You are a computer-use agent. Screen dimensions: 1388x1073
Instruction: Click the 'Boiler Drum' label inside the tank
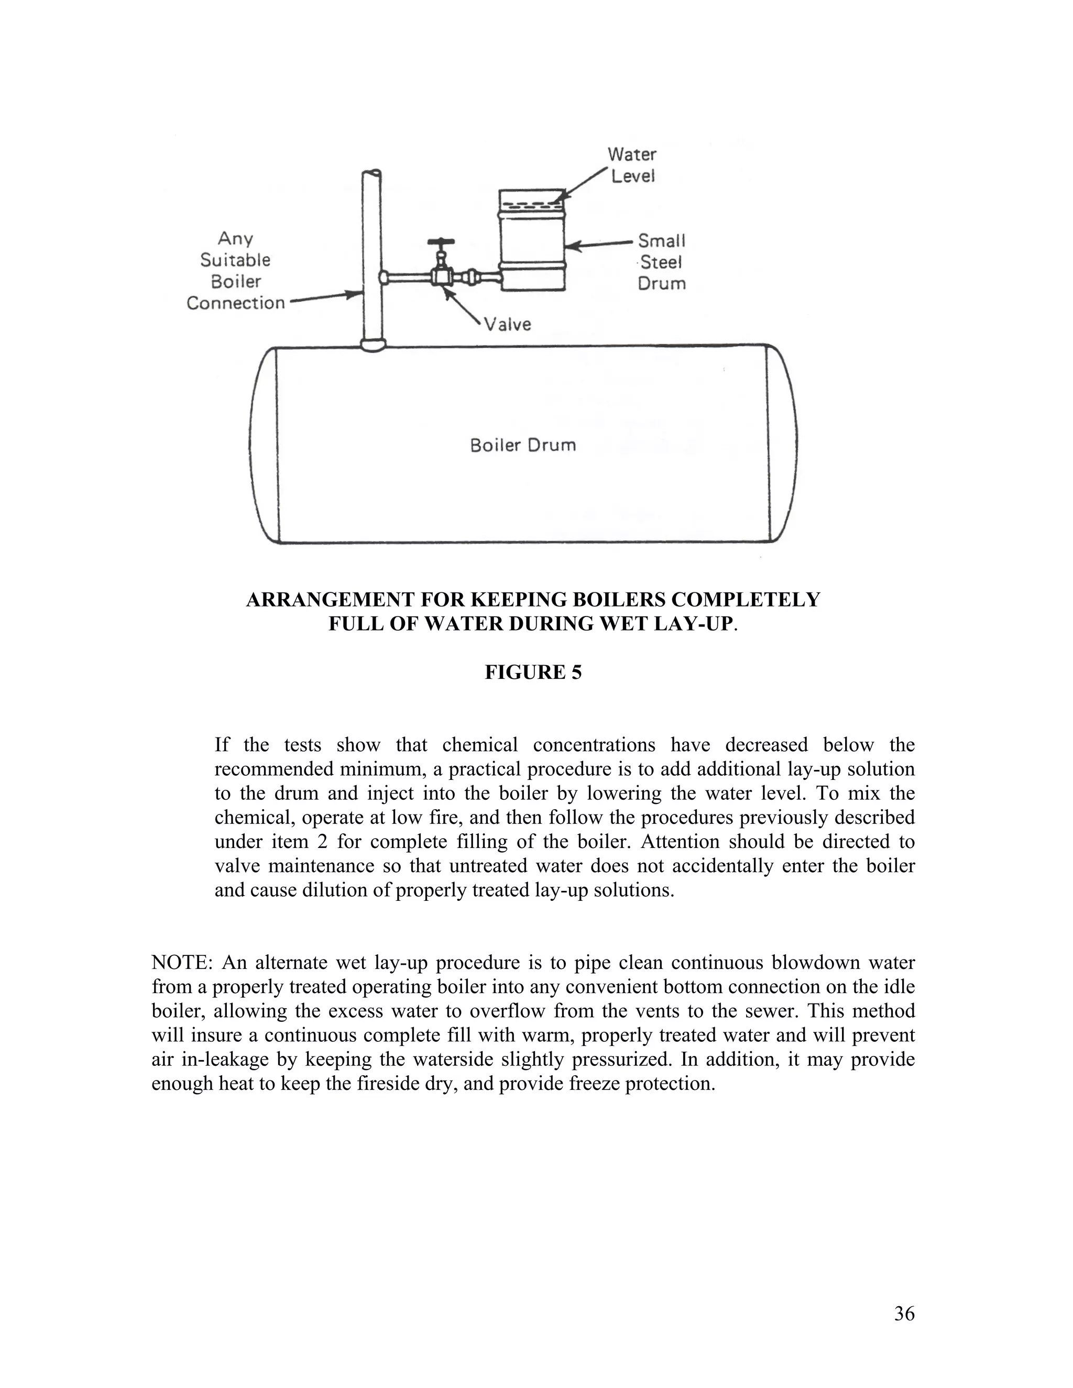click(x=522, y=445)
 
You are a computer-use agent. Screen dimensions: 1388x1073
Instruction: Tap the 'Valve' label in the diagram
click(x=507, y=325)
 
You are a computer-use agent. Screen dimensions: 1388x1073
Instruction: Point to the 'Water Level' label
click(x=632, y=164)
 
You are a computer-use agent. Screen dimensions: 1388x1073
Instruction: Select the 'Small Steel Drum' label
click(x=662, y=262)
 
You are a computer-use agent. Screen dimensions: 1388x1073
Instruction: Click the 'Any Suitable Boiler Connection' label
click(x=235, y=271)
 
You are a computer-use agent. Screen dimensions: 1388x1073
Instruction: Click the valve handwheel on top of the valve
click(x=441, y=242)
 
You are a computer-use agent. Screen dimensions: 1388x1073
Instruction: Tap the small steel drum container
click(x=532, y=241)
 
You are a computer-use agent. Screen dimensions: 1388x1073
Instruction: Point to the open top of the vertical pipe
click(x=372, y=173)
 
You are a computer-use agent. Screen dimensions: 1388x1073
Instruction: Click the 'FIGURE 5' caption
click(x=533, y=673)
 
